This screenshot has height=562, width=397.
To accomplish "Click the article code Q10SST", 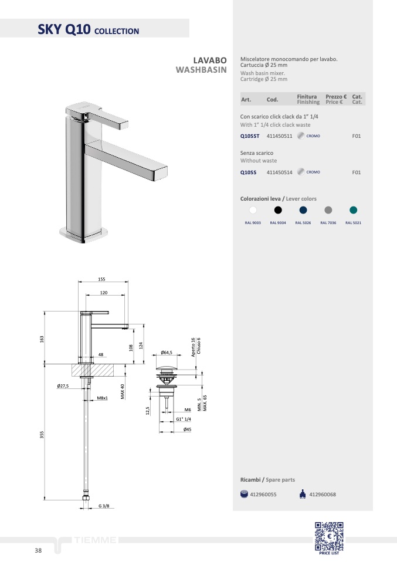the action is click(250, 136).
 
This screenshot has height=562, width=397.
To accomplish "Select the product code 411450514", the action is click(280, 172).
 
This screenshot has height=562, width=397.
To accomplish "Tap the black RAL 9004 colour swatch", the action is click(278, 210).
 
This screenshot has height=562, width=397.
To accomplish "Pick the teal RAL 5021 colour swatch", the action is click(353, 210).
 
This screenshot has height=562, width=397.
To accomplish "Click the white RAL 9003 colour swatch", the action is click(253, 210).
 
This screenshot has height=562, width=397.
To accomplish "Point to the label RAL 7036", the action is click(328, 223).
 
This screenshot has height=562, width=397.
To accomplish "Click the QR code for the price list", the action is click(329, 536).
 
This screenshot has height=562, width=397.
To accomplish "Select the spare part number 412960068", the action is click(323, 495).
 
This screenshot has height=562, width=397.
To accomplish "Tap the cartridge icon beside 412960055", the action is click(244, 494).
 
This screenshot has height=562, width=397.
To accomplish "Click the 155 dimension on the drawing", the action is click(102, 279).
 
